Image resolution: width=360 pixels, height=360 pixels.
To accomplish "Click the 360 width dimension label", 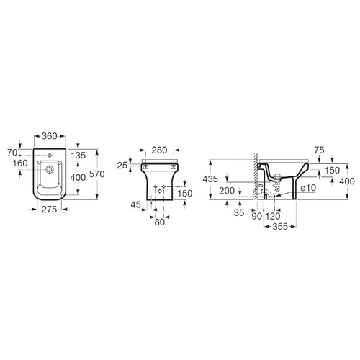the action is [50, 136].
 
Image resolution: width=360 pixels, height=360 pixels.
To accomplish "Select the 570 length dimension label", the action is [97, 174].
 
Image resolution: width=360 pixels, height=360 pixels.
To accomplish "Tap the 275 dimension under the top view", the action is [49, 210].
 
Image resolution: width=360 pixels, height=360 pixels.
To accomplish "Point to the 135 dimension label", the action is [78, 156].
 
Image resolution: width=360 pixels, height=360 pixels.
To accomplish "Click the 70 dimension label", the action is [12, 153].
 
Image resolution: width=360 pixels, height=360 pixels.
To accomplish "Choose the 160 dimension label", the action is [20, 163].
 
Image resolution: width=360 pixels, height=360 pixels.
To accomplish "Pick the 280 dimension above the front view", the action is [160, 150].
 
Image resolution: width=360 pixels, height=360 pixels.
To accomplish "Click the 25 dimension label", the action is [122, 165].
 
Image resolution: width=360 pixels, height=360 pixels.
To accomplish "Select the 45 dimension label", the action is [136, 204].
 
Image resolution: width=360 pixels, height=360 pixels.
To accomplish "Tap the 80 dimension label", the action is [160, 222].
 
